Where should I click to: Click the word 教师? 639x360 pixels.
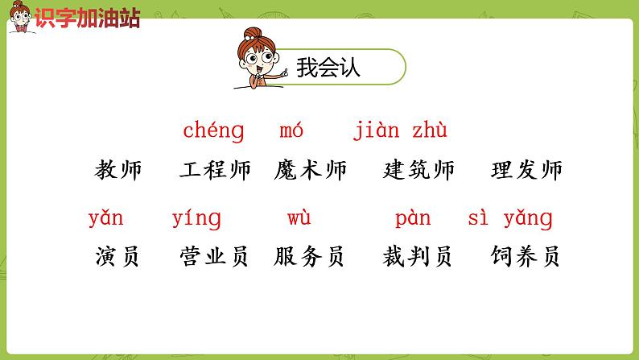click(x=117, y=170)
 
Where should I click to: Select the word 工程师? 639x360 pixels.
click(x=215, y=170)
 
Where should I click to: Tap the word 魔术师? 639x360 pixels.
click(x=310, y=170)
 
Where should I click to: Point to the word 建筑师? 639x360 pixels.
click(x=418, y=170)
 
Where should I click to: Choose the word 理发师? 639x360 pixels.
click(x=526, y=170)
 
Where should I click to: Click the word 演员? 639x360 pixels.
click(x=117, y=257)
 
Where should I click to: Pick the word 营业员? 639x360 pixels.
click(x=215, y=257)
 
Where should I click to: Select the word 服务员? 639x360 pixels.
click(x=310, y=257)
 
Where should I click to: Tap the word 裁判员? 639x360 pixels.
click(x=418, y=257)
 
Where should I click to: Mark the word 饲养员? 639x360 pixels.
click(x=526, y=257)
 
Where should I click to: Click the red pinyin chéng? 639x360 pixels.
click(x=213, y=130)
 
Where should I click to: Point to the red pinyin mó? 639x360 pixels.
click(x=291, y=130)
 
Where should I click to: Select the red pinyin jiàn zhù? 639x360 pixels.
click(x=400, y=130)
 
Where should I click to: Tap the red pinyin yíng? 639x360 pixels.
click(x=196, y=218)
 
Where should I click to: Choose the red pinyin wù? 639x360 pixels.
click(x=299, y=218)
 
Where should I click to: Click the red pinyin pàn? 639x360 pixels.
click(x=413, y=218)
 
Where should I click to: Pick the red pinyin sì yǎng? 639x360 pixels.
click(x=510, y=218)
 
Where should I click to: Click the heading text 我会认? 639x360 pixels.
click(x=328, y=68)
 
